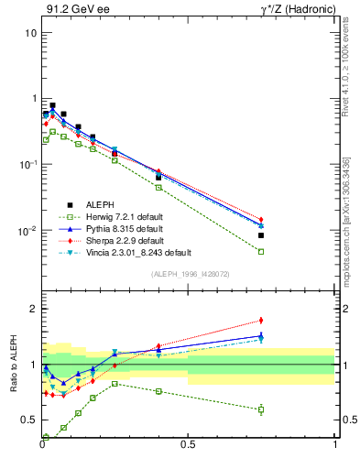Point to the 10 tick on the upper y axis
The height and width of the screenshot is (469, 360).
coord(30,33)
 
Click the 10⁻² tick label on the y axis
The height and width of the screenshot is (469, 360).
coord(28,231)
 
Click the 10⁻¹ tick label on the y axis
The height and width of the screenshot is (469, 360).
coord(28,165)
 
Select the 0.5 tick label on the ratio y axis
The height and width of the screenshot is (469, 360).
coord(28,420)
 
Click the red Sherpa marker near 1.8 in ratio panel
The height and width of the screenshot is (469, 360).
coord(261,321)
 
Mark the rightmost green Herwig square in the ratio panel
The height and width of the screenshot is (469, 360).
coord(261,409)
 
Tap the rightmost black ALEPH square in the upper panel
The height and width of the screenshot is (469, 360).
coord(261,235)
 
